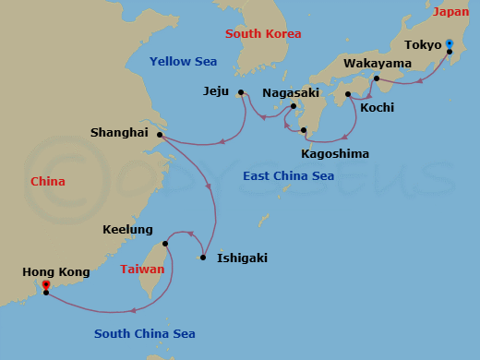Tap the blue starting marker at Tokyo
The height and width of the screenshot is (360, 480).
[449, 42]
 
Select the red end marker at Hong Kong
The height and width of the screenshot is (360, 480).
[45, 286]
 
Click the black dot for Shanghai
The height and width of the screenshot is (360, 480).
[160, 135]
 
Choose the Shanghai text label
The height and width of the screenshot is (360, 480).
[119, 133]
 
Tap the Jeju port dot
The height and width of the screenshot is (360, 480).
[240, 92]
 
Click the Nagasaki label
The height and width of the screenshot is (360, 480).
[291, 93]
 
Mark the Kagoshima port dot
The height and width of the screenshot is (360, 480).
[304, 131]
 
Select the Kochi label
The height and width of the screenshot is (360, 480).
[377, 108]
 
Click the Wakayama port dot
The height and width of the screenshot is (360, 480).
[377, 78]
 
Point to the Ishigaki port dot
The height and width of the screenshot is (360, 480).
[203, 258]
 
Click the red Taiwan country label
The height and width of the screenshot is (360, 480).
[142, 270]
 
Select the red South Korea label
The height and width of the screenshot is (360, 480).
[265, 34]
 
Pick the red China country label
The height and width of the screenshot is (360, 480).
[48, 182]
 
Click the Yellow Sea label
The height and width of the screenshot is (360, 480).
[183, 62]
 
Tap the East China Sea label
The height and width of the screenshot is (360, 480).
[288, 175]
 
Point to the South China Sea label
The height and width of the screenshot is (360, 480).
[146, 334]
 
